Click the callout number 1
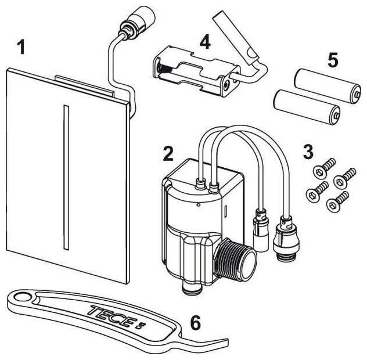[21, 47]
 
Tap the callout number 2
[168, 153]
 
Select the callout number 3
[308, 152]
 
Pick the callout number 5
[332, 60]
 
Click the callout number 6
[196, 323]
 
